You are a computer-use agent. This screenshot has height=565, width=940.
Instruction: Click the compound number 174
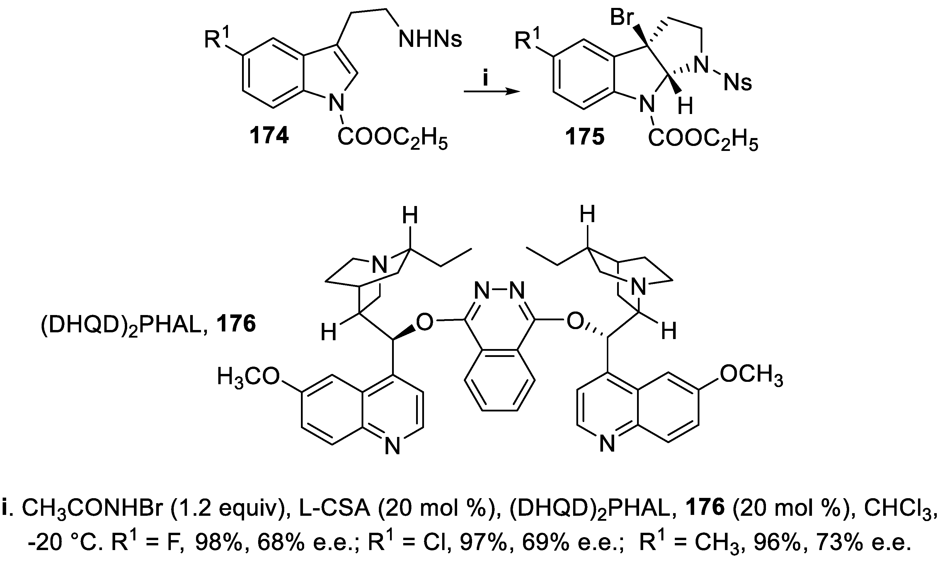pyautogui.click(x=269, y=136)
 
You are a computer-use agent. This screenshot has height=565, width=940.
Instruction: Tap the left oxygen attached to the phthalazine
pyautogui.click(x=424, y=322)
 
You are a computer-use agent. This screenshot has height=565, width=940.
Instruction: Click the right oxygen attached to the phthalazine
pyautogui.click(x=575, y=322)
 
